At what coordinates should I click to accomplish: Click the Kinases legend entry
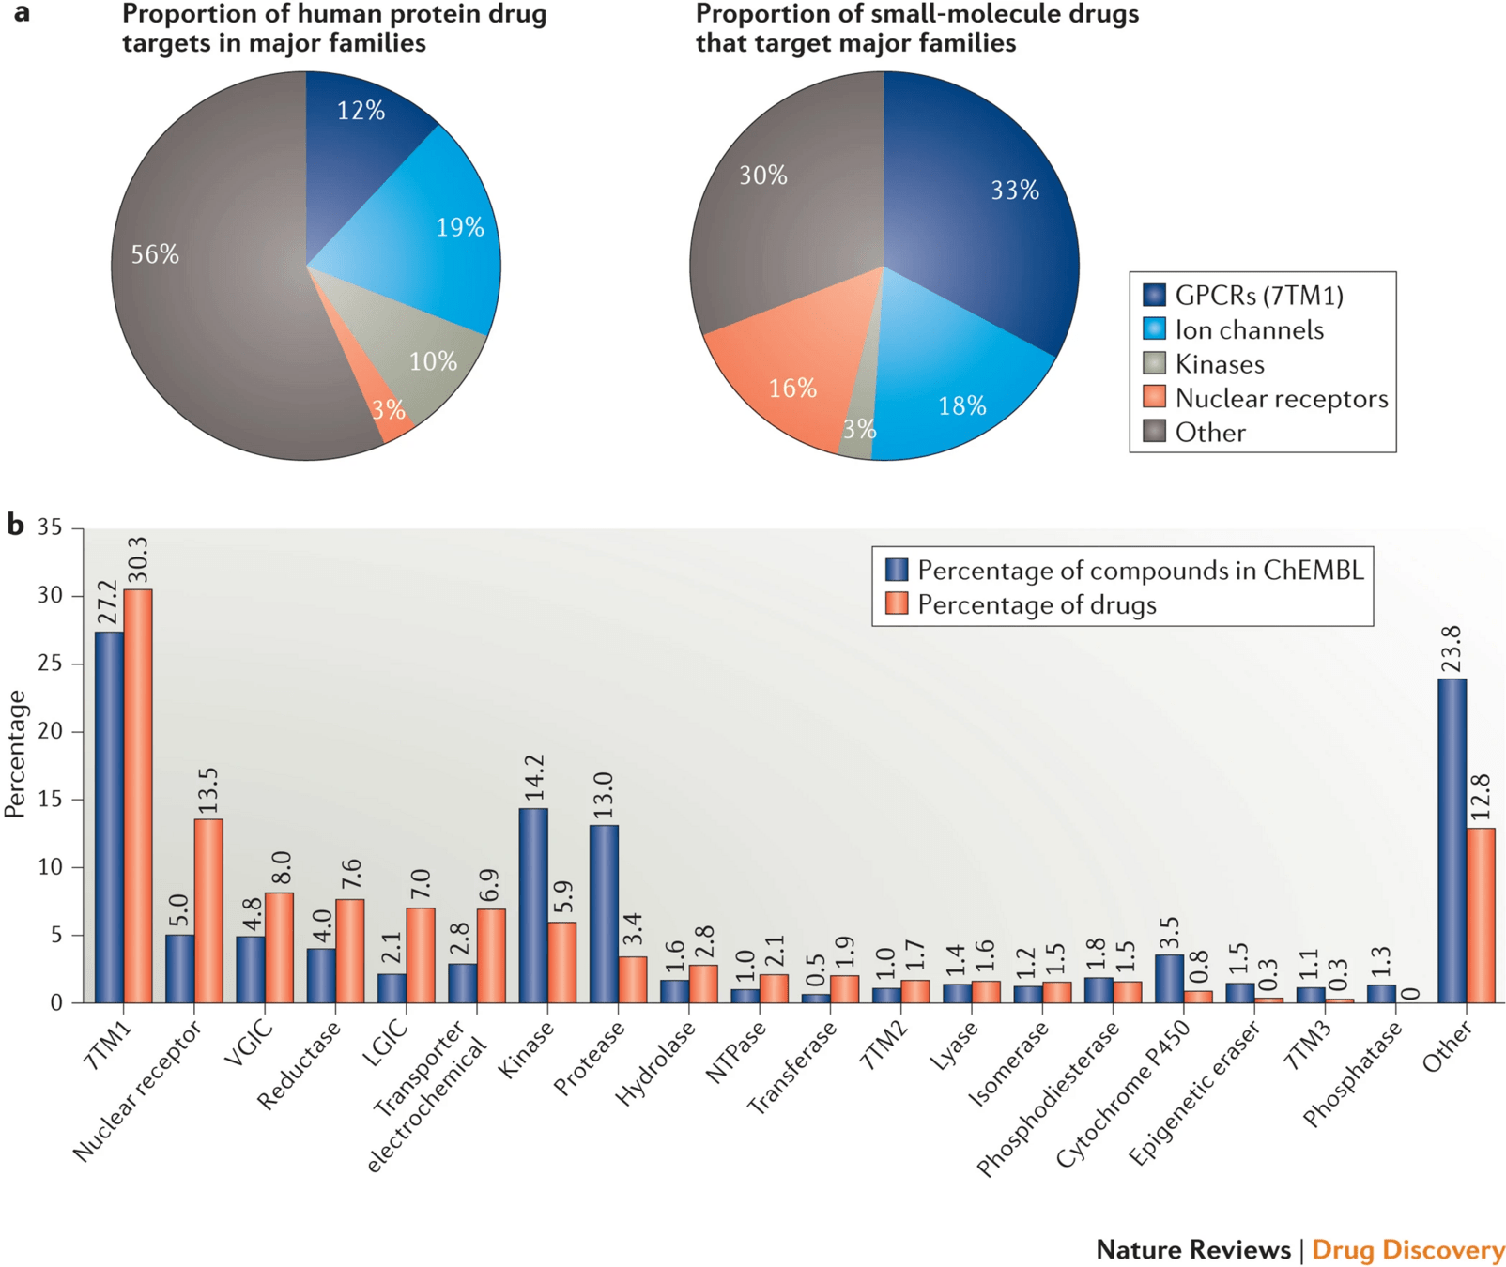click(x=1218, y=364)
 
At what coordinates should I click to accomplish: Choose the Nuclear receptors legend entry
click(x=1280, y=399)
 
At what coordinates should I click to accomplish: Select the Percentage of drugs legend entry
click(x=1036, y=605)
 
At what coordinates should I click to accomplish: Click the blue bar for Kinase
click(x=533, y=906)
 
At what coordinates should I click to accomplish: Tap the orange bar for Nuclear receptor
click(x=208, y=910)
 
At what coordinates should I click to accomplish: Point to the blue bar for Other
click(x=1452, y=840)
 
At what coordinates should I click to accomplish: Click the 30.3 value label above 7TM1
click(x=137, y=560)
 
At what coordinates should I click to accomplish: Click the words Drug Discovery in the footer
click(x=1407, y=1250)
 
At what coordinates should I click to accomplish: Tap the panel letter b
click(x=16, y=524)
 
